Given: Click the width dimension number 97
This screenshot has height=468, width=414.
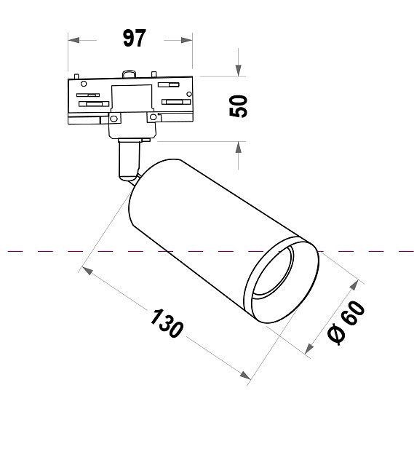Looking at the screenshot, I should (134, 39).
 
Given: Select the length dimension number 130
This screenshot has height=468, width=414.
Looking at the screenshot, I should (167, 322).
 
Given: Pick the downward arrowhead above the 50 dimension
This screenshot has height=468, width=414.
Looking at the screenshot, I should (238, 70).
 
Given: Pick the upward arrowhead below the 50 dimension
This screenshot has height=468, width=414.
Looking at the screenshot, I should (238, 146).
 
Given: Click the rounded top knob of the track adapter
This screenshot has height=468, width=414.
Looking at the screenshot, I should (130, 73).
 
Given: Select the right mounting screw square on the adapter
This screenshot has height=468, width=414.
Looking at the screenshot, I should (153, 116).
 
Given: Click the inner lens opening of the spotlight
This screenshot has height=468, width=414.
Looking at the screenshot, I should (279, 276).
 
